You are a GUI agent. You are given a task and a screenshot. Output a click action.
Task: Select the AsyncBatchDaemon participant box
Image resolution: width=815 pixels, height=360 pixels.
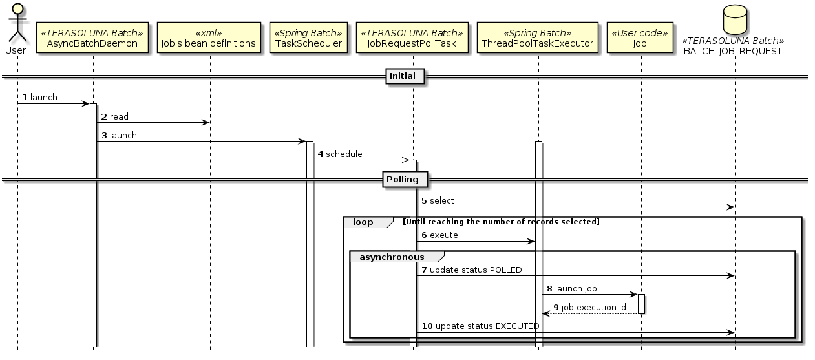click(x=93, y=38)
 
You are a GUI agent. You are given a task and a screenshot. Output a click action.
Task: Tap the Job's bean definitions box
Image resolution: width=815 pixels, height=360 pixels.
click(x=209, y=38)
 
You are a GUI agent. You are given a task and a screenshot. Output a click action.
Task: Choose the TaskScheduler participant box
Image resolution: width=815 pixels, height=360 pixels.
click(x=309, y=38)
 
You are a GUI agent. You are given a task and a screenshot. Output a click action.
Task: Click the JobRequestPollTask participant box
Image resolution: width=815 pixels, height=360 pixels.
click(x=412, y=38)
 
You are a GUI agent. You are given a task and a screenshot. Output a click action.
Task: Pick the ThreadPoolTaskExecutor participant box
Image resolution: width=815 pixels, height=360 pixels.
click(x=538, y=38)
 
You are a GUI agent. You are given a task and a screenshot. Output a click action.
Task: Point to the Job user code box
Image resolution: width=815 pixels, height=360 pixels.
click(x=640, y=38)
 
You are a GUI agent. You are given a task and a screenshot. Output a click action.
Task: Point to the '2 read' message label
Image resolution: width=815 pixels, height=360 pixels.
click(x=115, y=117)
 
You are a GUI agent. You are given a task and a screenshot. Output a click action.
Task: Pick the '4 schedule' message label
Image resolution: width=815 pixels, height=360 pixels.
click(x=340, y=154)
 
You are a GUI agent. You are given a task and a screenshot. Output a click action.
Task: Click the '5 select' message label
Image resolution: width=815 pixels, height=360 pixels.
click(x=438, y=201)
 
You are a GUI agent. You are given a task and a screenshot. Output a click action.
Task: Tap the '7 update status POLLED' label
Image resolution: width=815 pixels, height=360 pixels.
click(x=471, y=270)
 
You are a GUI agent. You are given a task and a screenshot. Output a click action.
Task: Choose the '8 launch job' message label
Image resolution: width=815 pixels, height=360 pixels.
click(x=571, y=288)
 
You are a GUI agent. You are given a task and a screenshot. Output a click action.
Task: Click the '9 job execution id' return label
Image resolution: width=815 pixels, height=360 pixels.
click(x=589, y=307)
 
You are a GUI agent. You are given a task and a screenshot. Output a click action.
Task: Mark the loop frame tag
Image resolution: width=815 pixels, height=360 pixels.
click(x=364, y=222)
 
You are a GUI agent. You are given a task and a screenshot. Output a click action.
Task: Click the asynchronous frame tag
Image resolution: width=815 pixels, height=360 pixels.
click(x=392, y=257)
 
